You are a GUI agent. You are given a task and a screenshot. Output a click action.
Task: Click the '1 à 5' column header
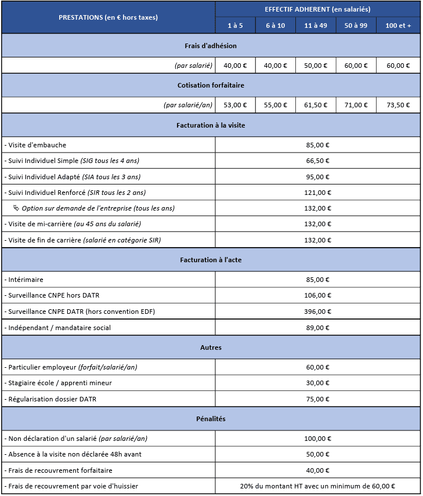[235, 26]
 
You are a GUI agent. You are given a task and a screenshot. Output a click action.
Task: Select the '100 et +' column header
[398, 26]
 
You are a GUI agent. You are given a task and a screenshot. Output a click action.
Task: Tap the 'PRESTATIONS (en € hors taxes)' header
[108, 17]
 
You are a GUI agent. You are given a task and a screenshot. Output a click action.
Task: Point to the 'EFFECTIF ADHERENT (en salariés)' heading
[317, 9]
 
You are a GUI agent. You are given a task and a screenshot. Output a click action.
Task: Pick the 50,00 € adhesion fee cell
[316, 66]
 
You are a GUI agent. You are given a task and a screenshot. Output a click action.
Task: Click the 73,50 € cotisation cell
[398, 105]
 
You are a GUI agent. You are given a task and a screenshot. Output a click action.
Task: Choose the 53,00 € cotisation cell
[235, 105]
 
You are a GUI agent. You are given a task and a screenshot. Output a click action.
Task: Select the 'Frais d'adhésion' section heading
[211, 46]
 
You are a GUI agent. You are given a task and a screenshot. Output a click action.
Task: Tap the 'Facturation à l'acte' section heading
[211, 260]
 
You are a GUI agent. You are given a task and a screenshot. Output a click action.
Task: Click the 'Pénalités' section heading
[211, 418]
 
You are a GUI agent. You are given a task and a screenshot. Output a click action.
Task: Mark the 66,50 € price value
[317, 161]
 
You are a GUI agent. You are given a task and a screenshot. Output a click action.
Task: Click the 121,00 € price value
[317, 193]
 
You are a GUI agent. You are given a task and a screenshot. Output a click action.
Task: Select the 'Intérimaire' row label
[26, 280]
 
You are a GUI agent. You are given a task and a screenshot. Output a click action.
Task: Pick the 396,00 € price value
[317, 312]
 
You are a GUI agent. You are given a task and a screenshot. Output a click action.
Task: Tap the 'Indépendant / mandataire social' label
[59, 328]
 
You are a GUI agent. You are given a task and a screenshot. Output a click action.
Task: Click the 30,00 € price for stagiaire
[317, 383]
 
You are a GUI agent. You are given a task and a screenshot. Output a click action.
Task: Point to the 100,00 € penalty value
[317, 439]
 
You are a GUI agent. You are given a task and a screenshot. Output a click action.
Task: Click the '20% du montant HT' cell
[317, 486]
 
